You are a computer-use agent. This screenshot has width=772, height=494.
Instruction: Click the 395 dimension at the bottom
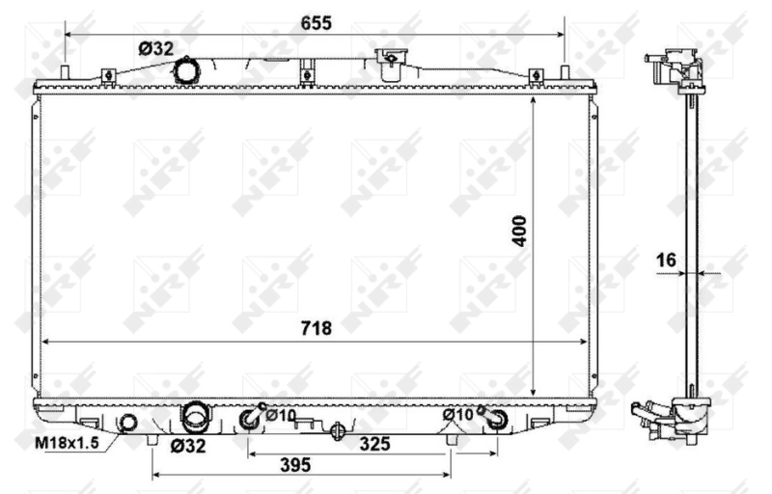click(x=296, y=464)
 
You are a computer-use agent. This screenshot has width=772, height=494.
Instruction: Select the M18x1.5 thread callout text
click(x=68, y=444)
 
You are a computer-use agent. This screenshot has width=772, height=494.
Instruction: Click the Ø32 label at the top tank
click(x=153, y=47)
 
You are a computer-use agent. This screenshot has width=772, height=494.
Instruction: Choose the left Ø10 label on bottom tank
click(x=281, y=415)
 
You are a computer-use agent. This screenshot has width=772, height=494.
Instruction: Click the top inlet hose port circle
click(x=185, y=70)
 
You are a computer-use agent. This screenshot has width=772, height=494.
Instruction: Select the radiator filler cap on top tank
click(x=390, y=63)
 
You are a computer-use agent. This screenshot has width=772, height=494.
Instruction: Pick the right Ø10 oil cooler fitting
click(x=497, y=417)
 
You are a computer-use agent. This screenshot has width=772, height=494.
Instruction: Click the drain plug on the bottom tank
click(x=337, y=430)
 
